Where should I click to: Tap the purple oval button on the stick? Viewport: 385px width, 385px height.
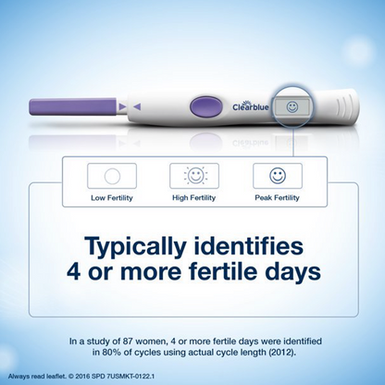point(203,107)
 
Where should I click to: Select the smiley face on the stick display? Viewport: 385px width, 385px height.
point(292,107)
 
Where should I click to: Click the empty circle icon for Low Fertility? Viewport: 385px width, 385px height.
point(109,175)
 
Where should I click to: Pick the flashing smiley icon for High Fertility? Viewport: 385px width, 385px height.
point(193,175)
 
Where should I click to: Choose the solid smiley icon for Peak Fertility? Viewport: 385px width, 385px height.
point(277,175)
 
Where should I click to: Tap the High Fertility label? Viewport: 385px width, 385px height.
point(193,196)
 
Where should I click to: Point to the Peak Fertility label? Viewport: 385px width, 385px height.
point(277,196)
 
